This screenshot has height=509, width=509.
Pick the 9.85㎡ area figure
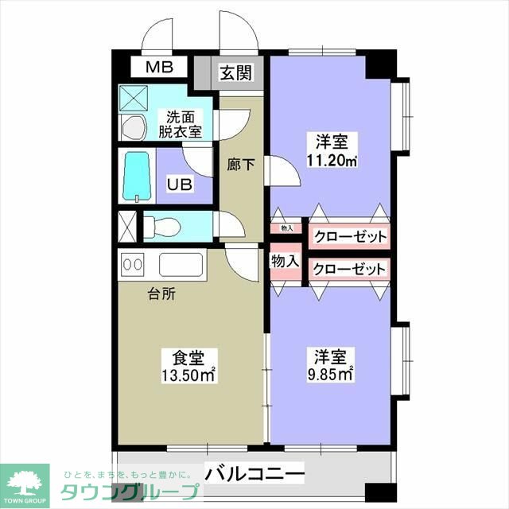(332, 374)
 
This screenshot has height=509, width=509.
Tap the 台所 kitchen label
(162, 293)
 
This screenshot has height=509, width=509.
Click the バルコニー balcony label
(254, 474)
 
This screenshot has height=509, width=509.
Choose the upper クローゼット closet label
(349, 236)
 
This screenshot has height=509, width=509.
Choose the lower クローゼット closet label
(349, 269)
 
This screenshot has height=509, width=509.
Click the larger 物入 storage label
(285, 261)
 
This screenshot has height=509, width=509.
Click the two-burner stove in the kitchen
(132, 264)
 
